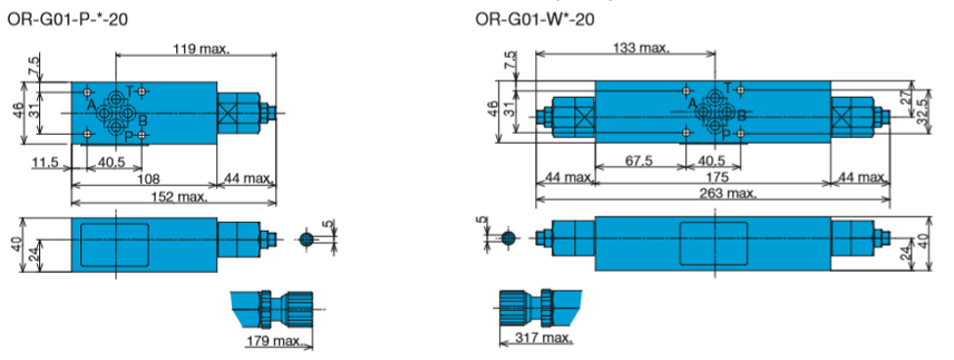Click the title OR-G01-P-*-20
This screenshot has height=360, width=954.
67,20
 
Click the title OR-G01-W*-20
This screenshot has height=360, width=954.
535,20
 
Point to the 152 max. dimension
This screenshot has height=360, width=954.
179,197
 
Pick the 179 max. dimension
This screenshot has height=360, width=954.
274,340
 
